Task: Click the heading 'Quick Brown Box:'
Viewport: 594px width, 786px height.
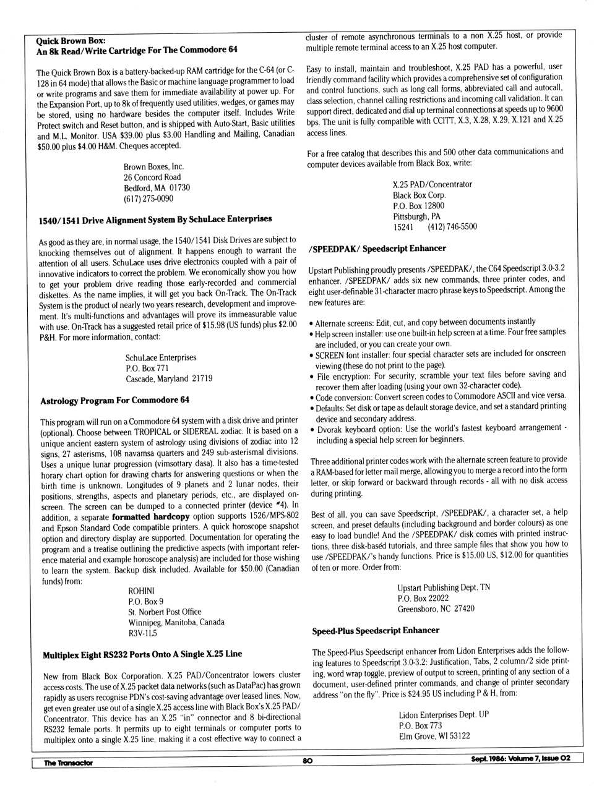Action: tap(71, 40)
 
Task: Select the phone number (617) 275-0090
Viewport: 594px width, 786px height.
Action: tap(148, 199)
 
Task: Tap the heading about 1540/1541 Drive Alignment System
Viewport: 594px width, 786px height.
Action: tap(155, 220)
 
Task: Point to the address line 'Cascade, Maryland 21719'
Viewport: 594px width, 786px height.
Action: tap(169, 378)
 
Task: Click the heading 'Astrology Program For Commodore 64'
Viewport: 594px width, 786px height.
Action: tap(114, 400)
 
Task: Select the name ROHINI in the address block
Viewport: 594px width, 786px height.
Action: tap(141, 591)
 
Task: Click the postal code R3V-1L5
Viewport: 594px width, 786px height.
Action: tap(142, 633)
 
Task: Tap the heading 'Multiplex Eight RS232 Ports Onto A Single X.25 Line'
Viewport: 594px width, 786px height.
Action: tap(142, 654)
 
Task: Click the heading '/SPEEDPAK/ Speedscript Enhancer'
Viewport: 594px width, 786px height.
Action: tap(377, 249)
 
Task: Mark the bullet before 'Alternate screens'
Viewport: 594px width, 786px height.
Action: tap(311, 323)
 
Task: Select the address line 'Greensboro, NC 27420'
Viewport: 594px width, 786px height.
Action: tap(436, 609)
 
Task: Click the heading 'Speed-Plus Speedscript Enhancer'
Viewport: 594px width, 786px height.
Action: tap(376, 631)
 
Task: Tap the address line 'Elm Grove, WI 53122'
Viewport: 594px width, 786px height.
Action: tap(434, 736)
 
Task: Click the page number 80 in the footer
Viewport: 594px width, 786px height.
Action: tap(307, 761)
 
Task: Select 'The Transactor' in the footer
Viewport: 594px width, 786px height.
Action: tap(68, 763)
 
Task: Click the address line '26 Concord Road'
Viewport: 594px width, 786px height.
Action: tap(152, 177)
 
